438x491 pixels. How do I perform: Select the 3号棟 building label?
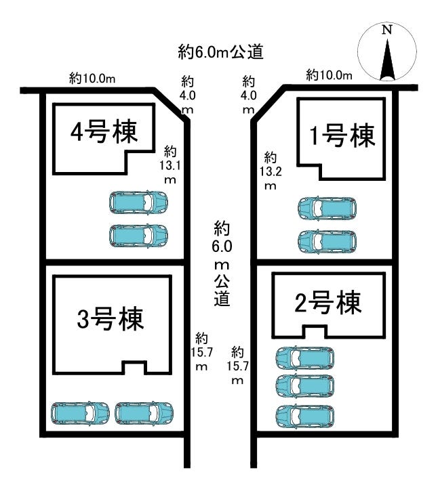(111, 319)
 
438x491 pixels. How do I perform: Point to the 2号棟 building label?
(328, 304)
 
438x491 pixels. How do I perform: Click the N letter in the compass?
(386, 30)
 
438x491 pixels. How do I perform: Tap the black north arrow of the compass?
(387, 60)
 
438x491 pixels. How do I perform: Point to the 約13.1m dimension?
(170, 164)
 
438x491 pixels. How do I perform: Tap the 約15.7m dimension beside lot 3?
(201, 351)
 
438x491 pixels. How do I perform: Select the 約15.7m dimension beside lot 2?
(237, 366)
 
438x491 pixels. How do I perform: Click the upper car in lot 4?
(138, 202)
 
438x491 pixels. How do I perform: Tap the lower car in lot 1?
(327, 241)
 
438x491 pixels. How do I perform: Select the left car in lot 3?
(80, 412)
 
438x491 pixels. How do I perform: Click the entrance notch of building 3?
(134, 367)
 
